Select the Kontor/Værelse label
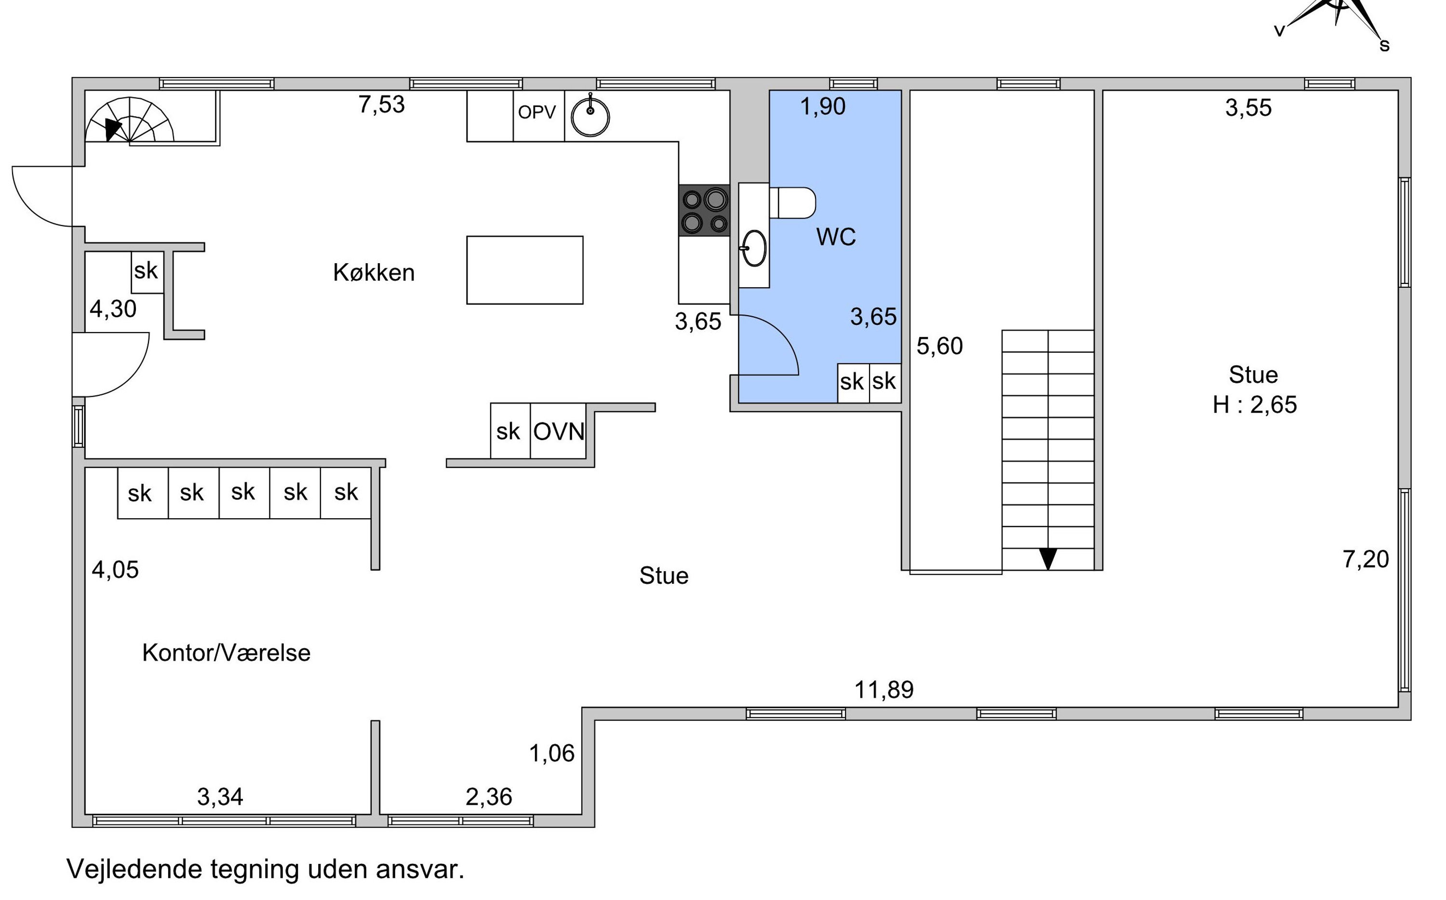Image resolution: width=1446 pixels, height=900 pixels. pos(226,652)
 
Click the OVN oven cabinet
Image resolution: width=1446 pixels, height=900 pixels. pos(558,431)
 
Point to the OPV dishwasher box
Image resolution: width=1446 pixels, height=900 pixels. pos(538,116)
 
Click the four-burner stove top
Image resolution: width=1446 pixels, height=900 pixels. pos(705,210)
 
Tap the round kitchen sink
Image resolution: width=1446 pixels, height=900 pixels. pos(590,117)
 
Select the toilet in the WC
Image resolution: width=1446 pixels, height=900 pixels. pos(792,203)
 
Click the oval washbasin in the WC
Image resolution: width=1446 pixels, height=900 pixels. pos(754,248)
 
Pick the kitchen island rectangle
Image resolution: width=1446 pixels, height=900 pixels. pos(525,270)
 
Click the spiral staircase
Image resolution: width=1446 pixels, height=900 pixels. pos(130,120)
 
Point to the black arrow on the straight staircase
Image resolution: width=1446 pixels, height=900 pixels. pos(1048,559)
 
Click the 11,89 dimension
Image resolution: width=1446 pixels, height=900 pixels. pos(884,690)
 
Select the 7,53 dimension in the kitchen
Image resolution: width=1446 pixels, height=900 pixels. pos(381,104)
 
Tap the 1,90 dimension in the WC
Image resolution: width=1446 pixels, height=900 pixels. pos(822,107)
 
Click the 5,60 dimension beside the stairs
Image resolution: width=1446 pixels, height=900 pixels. pos(939,346)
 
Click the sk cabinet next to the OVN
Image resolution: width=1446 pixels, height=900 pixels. pos(510,431)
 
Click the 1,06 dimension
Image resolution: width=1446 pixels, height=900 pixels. pos(551,753)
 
